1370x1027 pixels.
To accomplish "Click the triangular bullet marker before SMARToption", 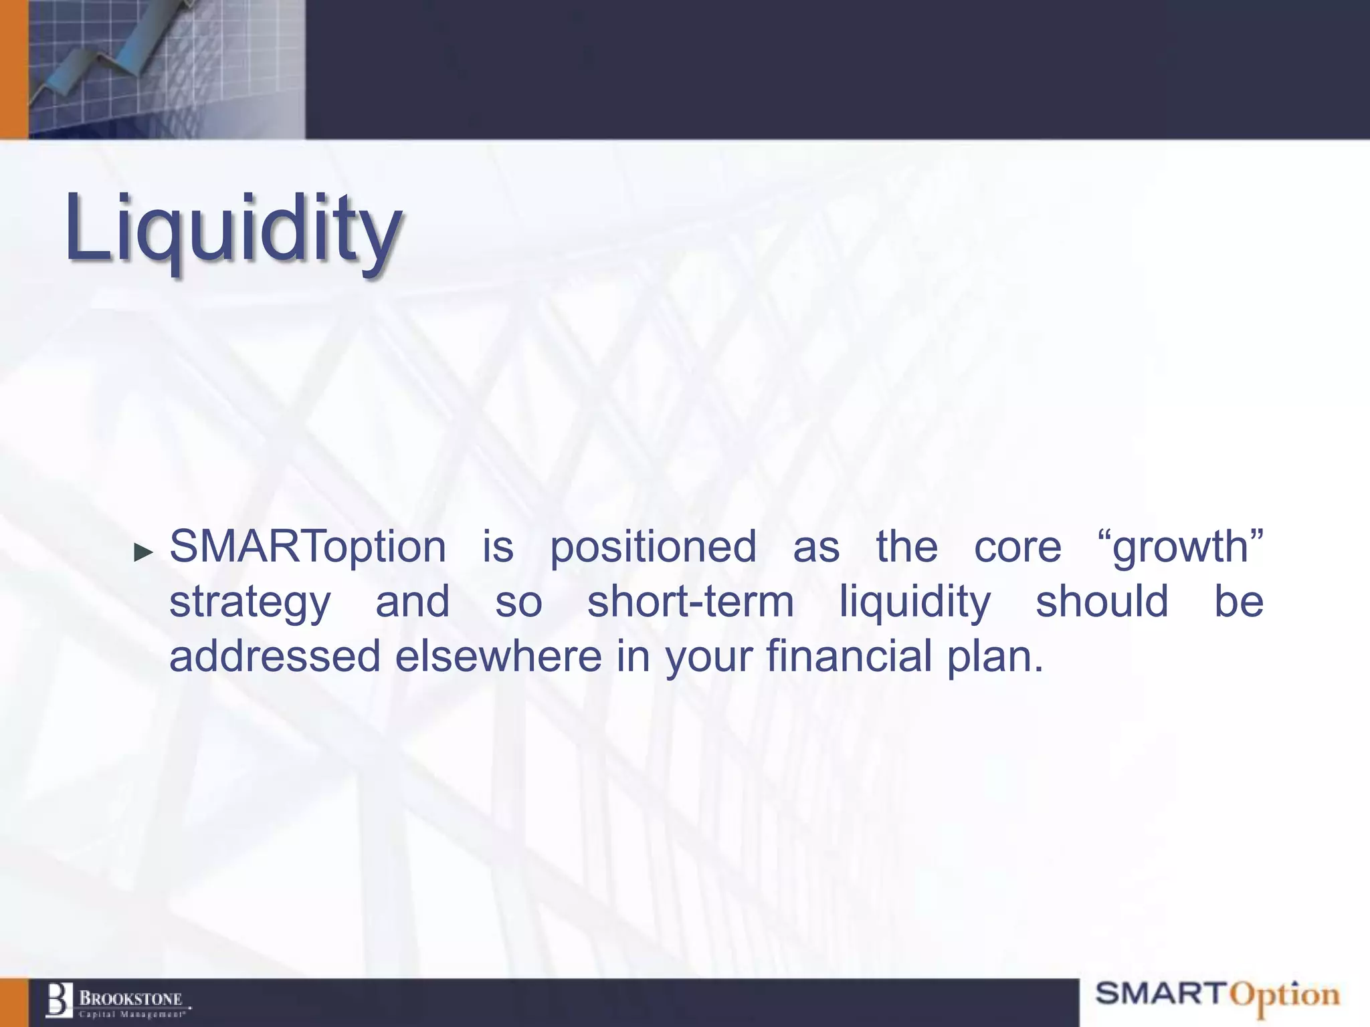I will tap(143, 552).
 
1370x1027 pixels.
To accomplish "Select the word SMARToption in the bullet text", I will tap(307, 546).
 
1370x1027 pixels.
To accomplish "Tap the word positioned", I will tap(653, 546).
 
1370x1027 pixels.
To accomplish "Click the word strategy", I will tap(250, 602).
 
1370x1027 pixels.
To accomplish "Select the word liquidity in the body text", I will tap(914, 602).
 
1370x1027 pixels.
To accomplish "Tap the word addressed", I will tap(274, 656).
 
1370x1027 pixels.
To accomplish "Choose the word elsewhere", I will tap(498, 656).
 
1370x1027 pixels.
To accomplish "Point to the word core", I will tap(1017, 546).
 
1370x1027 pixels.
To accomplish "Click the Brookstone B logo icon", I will tap(59, 1000).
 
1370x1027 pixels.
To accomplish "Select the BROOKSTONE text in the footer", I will tap(131, 998).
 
